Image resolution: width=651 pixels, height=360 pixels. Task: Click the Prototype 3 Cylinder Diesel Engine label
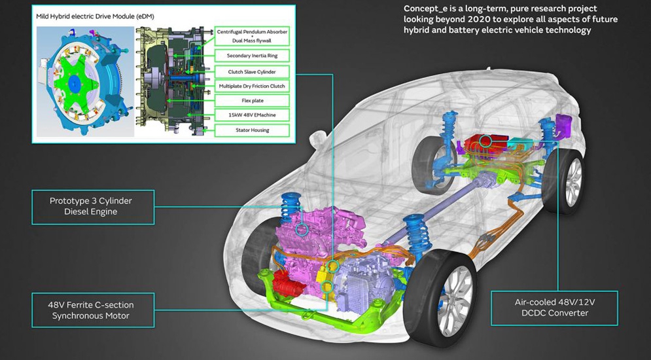click(92, 206)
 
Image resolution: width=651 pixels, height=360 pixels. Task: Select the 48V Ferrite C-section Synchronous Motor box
click(92, 310)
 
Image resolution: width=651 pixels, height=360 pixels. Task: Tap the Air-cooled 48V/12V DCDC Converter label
click(555, 308)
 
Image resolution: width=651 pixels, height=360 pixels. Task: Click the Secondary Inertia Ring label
click(252, 56)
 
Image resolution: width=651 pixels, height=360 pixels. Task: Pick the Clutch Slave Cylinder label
click(252, 71)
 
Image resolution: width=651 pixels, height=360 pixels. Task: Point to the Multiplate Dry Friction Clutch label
click(252, 86)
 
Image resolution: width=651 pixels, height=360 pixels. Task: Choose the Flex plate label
click(252, 101)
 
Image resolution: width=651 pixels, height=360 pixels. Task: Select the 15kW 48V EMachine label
click(252, 115)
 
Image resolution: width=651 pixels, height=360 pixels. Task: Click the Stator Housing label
click(252, 130)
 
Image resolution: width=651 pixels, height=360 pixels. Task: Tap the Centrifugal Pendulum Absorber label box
click(252, 35)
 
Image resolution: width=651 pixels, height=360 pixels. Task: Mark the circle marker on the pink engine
click(302, 230)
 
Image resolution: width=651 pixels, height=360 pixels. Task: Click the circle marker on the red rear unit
click(485, 139)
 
